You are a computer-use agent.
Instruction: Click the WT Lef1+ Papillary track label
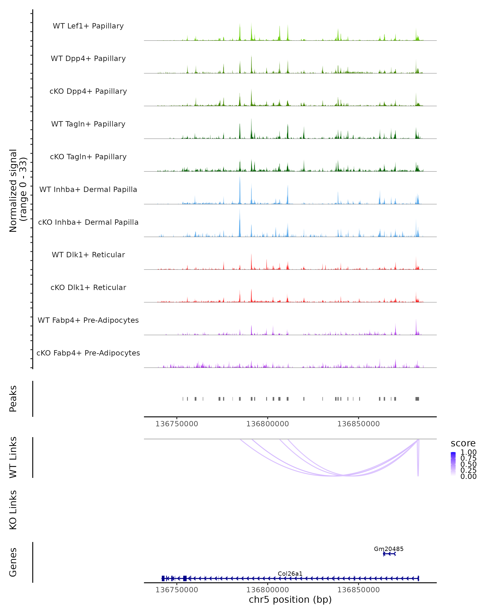click(x=88, y=26)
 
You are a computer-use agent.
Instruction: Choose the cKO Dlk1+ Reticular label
click(x=88, y=287)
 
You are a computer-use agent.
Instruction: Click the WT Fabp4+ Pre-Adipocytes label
click(x=88, y=320)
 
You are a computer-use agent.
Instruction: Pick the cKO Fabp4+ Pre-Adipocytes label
click(x=88, y=353)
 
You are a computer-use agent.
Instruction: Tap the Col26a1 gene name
click(x=290, y=573)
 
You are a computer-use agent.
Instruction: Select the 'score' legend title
click(x=463, y=444)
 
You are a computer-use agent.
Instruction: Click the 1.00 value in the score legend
click(x=468, y=452)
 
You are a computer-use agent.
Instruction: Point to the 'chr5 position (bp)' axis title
click(x=290, y=599)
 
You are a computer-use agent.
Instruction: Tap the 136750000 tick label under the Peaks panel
click(x=177, y=424)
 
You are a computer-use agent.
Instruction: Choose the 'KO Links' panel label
click(x=13, y=510)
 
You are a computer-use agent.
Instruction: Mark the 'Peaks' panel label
click(x=13, y=399)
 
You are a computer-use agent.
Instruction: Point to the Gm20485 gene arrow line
click(x=389, y=554)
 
